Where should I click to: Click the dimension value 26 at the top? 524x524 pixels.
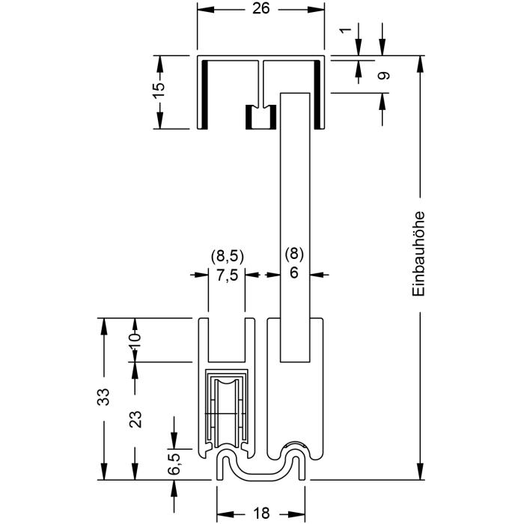(261, 8)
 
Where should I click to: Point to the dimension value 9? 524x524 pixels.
(383, 76)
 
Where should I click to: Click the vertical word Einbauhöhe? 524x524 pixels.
(418, 253)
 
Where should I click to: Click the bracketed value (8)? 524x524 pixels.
(293, 255)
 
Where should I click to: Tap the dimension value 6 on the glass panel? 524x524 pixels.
(293, 273)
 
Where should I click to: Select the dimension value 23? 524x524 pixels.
(135, 419)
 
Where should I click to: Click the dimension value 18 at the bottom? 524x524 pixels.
(261, 514)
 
